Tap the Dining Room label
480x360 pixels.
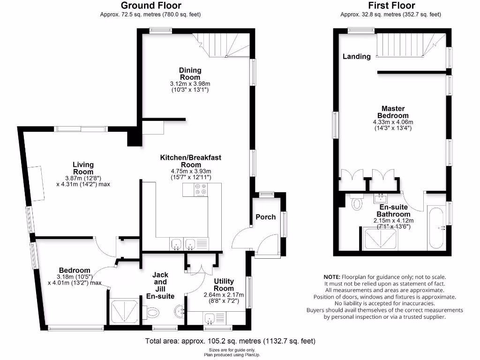(x=190, y=74)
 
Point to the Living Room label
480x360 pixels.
(x=83, y=168)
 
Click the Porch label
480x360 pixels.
(x=265, y=217)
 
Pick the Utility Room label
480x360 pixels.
(x=224, y=285)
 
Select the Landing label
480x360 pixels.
(x=356, y=56)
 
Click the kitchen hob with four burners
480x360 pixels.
(x=201, y=189)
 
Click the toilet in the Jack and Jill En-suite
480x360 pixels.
(x=153, y=312)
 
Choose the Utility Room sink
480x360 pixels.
(x=209, y=319)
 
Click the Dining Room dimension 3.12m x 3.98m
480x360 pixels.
(x=190, y=84)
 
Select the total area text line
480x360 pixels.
(x=230, y=341)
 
